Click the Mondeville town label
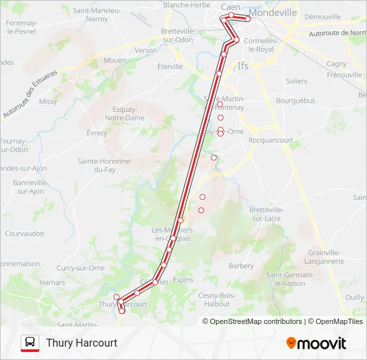click(274, 12)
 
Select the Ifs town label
click(243, 66)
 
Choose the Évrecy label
click(97, 133)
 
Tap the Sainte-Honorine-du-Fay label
click(105, 165)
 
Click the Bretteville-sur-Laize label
click(266, 213)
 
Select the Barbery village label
click(241, 265)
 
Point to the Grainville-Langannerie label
click(325, 257)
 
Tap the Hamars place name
click(52, 283)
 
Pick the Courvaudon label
click(25, 234)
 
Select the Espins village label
click(183, 281)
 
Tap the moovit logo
click(316, 343)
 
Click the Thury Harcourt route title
click(81, 343)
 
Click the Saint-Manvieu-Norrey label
click(97, 15)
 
